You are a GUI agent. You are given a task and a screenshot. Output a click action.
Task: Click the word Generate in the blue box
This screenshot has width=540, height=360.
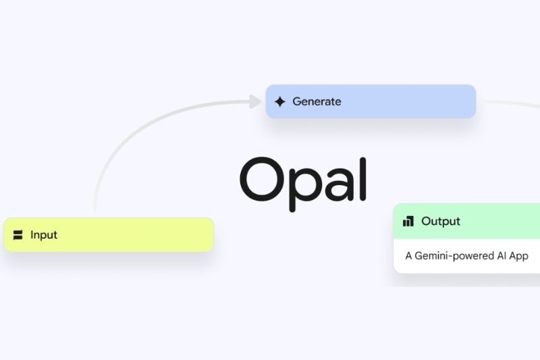317,102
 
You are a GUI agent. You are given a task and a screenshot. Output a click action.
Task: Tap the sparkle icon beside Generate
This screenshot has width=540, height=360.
280,102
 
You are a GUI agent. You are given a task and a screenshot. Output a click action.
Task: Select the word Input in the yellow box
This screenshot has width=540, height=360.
44,235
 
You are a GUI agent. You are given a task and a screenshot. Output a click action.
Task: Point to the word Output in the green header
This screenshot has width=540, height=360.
441,221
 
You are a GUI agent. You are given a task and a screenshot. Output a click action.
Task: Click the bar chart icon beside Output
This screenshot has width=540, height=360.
408,221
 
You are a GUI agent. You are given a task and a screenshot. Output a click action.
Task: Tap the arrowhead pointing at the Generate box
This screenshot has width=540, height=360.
255,102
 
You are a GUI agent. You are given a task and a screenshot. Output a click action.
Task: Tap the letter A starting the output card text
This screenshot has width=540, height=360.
408,256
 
